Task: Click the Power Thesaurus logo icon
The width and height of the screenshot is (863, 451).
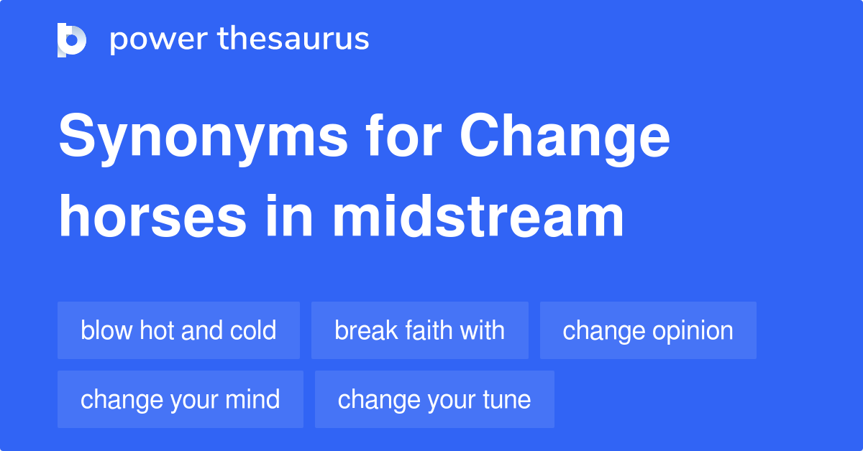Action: point(72,39)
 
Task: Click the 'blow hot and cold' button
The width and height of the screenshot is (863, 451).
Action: point(178,330)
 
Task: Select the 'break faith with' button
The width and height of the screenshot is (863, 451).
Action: point(420,330)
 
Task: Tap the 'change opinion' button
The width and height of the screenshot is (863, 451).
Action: point(648,330)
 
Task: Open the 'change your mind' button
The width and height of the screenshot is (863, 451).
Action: point(181,399)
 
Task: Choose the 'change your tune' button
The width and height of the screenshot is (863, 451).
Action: point(434,399)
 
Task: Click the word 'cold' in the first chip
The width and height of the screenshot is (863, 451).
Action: point(253,330)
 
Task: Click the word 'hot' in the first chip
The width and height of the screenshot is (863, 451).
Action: point(157,330)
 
